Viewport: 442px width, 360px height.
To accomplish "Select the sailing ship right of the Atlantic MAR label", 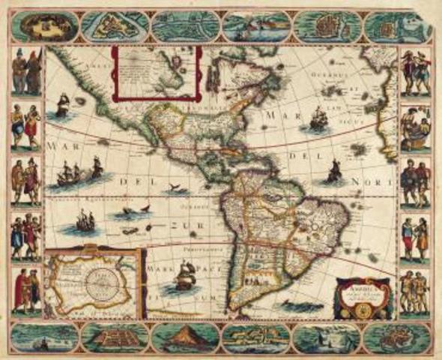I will click(x=318, y=118).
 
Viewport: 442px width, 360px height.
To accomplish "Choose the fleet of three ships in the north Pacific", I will click(x=79, y=173).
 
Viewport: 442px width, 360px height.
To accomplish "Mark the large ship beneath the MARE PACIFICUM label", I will click(x=184, y=278).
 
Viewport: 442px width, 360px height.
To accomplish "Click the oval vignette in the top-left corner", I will click(x=43, y=26).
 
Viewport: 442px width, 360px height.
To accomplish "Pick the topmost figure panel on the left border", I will click(x=26, y=72).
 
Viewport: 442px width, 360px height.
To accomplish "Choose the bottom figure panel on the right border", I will click(x=414, y=292).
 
